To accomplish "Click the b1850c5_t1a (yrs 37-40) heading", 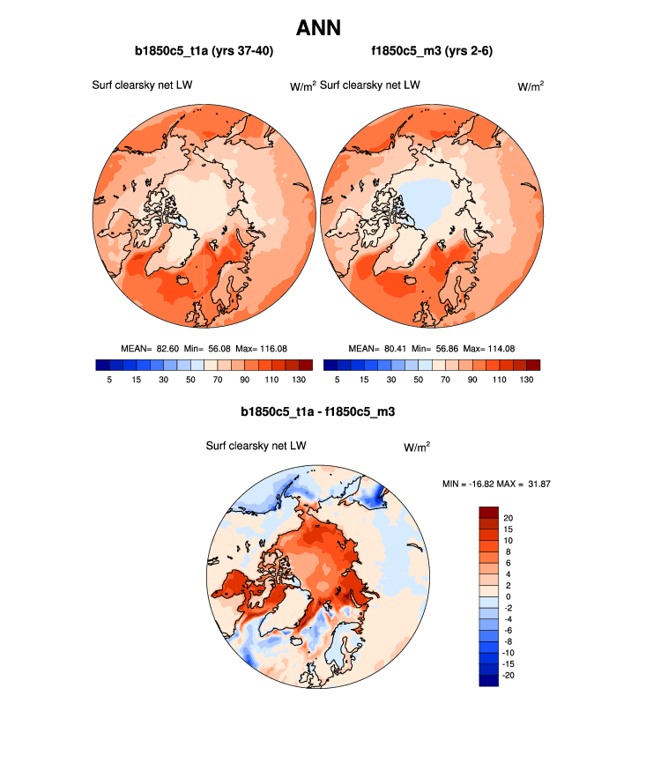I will tap(204, 52).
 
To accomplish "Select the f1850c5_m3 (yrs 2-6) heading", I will tap(432, 52).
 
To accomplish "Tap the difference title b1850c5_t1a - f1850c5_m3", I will tap(323, 411).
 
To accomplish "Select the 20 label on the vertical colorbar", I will tap(509, 517).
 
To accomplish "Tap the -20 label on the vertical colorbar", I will tap(510, 675).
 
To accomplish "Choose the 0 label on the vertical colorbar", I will tap(506, 596).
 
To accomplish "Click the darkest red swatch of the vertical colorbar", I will tap(489, 512).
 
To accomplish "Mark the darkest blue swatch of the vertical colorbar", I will tap(489, 680).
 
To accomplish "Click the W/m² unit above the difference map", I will tap(417, 447).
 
